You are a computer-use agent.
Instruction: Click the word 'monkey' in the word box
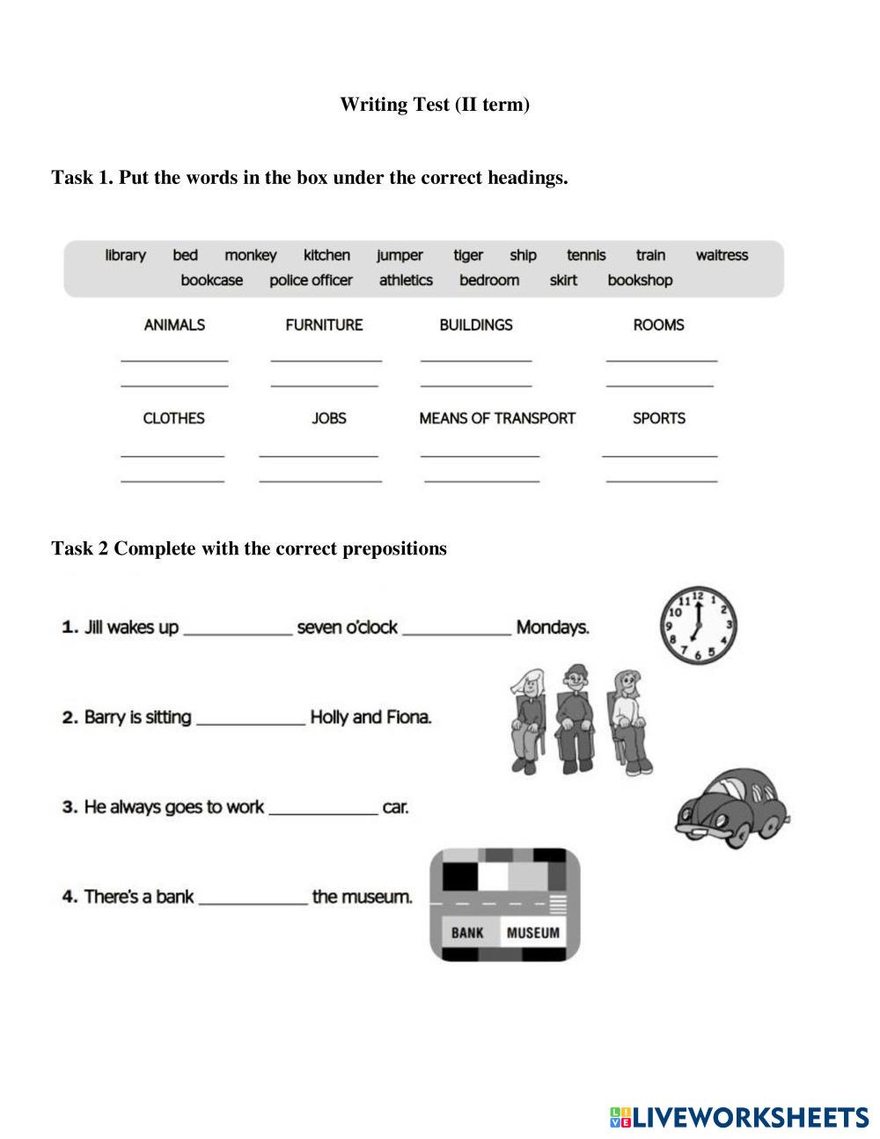click(250, 255)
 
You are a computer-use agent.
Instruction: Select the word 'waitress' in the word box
click(722, 255)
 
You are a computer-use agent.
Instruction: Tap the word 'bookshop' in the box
click(640, 280)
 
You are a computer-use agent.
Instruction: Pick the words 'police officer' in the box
click(311, 280)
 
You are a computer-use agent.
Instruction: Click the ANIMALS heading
click(174, 325)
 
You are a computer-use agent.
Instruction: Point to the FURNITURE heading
click(324, 325)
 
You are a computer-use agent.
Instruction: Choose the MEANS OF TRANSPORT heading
click(497, 418)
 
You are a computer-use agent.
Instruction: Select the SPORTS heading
click(659, 418)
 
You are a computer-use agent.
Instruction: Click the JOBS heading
click(329, 418)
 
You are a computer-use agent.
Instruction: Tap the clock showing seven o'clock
click(698, 626)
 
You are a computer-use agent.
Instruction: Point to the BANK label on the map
click(467, 932)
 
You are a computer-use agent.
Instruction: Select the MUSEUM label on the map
click(532, 932)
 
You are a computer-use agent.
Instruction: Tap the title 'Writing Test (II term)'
click(435, 105)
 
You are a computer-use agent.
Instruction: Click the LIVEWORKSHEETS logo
click(739, 1117)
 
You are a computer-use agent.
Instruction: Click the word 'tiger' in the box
click(468, 255)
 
